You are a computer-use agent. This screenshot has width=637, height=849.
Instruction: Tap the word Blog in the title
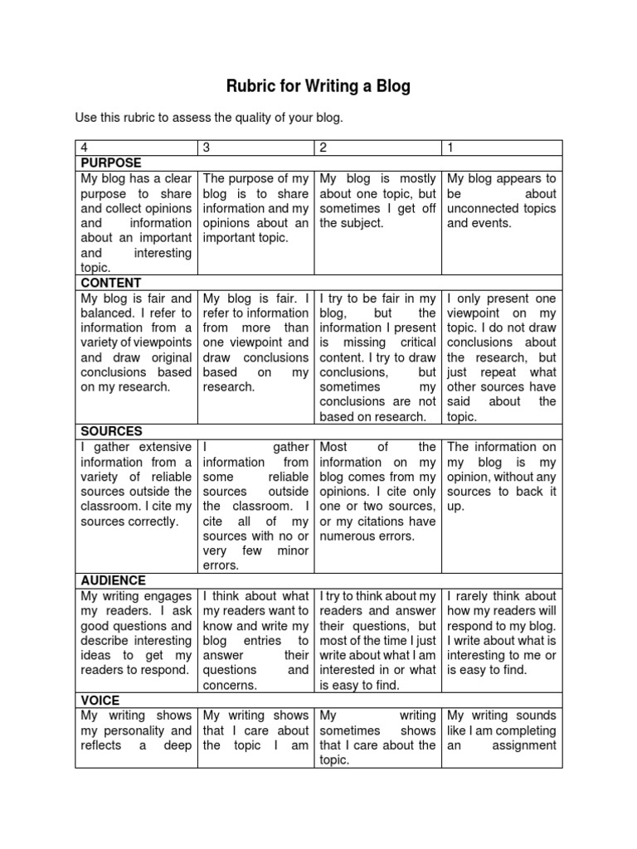[393, 86]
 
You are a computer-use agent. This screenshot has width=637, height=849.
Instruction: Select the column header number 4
[84, 148]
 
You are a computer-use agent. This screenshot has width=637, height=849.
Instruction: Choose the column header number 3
[207, 148]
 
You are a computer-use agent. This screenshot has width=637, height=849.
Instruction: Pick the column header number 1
[451, 148]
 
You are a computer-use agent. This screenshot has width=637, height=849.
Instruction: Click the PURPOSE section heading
[111, 163]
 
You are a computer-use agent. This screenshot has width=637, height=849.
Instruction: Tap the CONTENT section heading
[110, 283]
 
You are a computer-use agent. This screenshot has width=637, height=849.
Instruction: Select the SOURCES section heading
[111, 432]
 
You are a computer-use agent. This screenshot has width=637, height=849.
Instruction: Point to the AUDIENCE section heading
[113, 581]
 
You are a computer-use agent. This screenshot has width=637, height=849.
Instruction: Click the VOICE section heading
[98, 701]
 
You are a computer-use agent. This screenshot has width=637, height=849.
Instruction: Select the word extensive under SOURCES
[165, 447]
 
